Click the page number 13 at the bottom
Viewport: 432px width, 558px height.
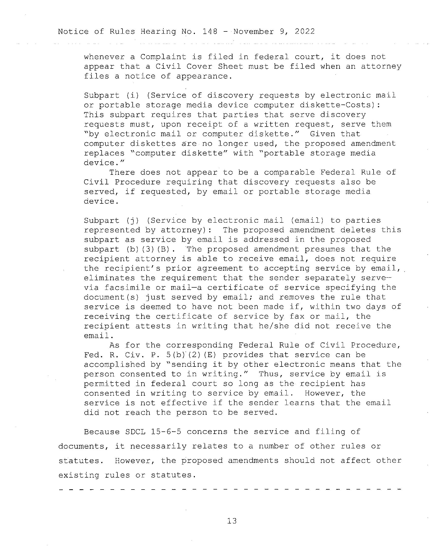[x=232, y=521]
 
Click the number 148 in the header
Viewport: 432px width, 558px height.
[x=210, y=31]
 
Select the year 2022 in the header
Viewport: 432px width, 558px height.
[x=304, y=31]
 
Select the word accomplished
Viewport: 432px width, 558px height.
[x=114, y=364]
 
